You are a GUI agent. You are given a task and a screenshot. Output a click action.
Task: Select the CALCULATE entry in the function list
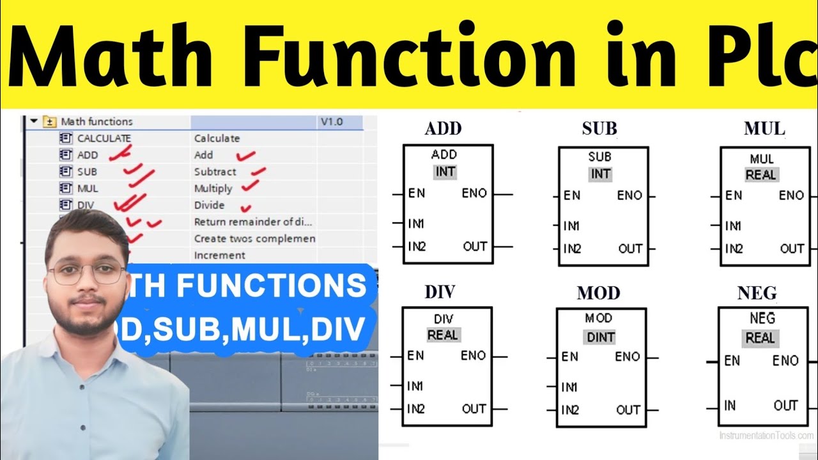point(104,138)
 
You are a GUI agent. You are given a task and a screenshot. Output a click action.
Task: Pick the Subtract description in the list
point(215,172)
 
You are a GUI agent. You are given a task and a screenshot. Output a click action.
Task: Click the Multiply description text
point(213,188)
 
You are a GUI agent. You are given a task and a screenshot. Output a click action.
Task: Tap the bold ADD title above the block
point(443,128)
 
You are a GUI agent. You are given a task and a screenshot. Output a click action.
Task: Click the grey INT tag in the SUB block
point(600,173)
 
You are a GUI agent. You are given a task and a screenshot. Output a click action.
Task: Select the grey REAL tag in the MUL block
point(760,174)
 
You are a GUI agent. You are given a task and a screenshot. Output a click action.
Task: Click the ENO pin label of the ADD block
point(474,193)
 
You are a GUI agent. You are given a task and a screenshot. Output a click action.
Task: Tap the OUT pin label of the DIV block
point(474,409)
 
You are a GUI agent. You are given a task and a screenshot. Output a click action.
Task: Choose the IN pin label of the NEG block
point(730,405)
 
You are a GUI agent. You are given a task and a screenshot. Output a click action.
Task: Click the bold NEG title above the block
point(757,293)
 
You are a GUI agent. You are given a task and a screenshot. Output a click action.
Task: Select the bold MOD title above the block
point(598,293)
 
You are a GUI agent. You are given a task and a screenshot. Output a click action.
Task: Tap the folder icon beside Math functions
point(49,121)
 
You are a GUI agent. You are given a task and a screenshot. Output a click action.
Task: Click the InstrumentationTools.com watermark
point(766,435)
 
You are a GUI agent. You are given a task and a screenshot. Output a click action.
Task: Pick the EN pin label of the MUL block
point(734,195)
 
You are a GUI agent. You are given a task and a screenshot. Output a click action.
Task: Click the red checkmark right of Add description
point(245,155)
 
